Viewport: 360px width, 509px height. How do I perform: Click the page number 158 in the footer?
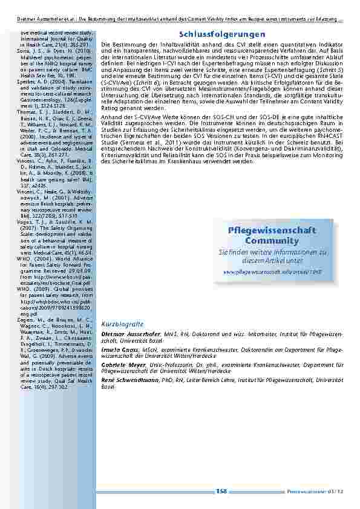(222, 493)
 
